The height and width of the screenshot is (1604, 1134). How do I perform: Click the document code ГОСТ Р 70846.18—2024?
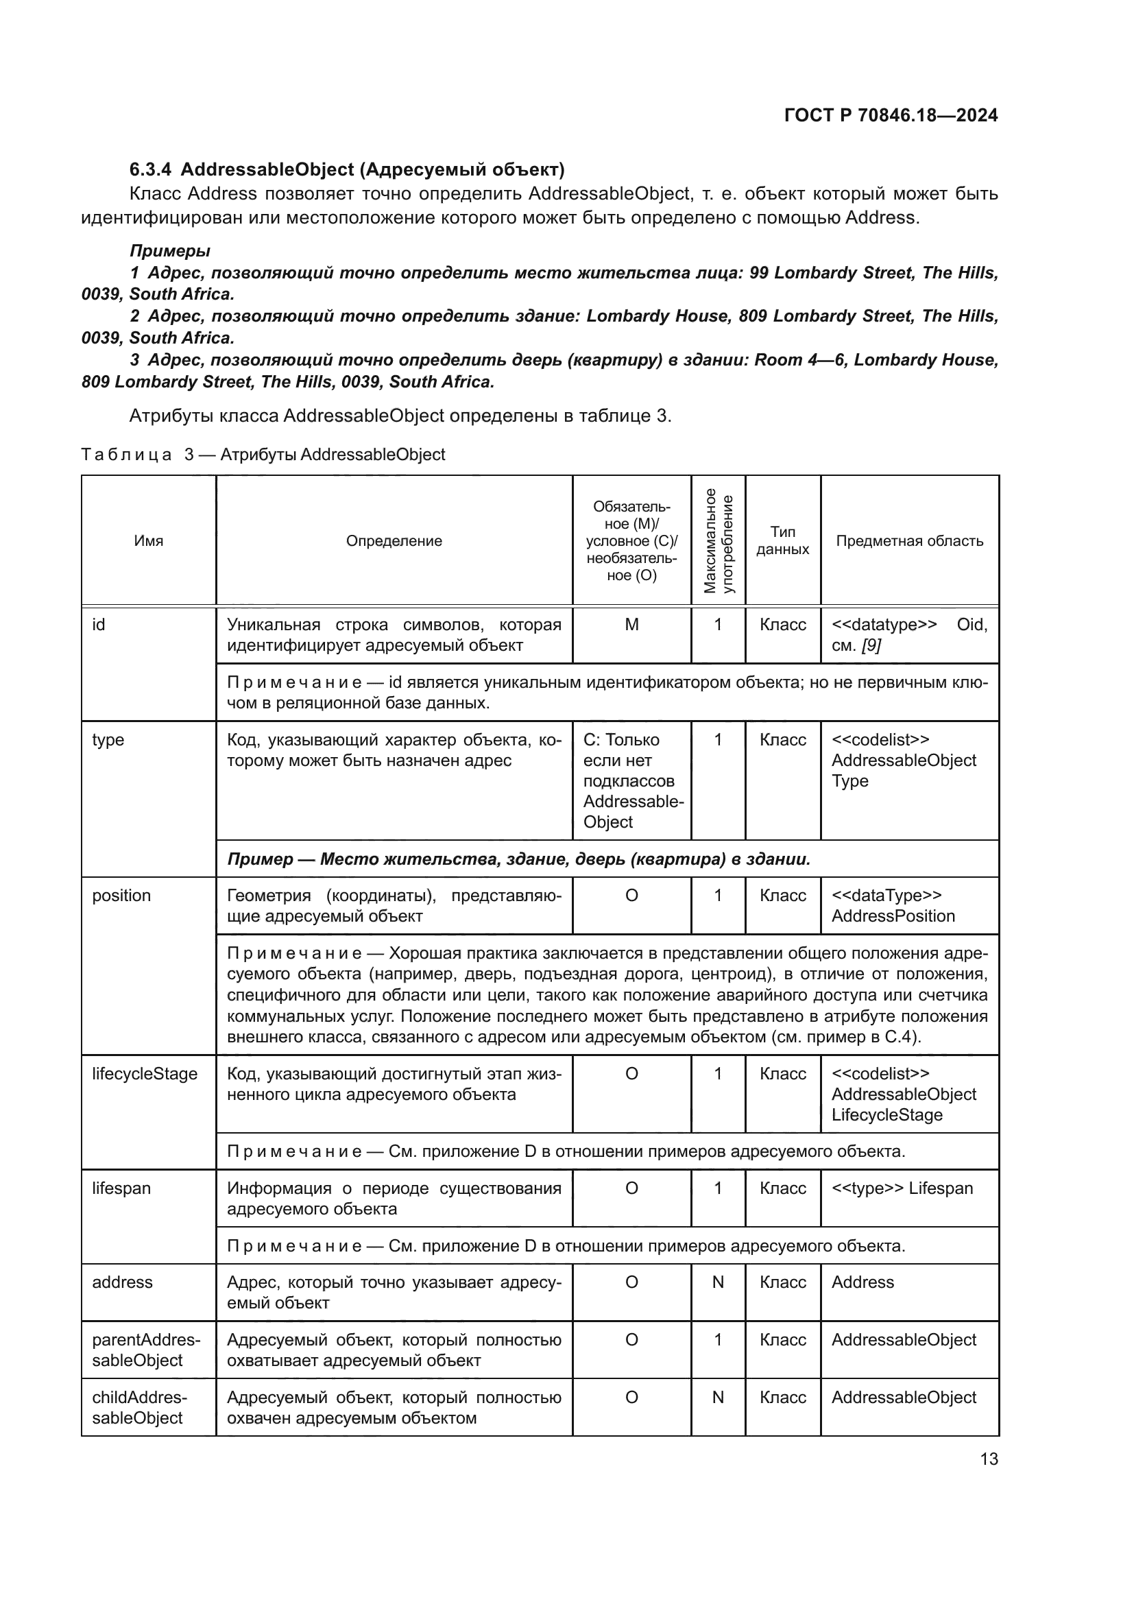coord(891,115)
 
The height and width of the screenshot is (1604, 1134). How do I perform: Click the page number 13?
coord(989,1459)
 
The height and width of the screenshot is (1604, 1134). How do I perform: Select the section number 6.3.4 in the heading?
coord(150,170)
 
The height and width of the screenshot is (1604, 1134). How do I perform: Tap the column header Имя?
coord(148,540)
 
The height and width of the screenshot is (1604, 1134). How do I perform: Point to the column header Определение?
coord(394,540)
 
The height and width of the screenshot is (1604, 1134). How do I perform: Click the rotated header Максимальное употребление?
coord(718,540)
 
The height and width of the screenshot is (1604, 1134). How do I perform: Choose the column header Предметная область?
coord(909,540)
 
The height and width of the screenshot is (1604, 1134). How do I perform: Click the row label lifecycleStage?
coord(145,1074)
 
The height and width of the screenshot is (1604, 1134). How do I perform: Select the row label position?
coord(121,896)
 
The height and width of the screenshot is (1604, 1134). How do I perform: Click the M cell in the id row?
coord(631,625)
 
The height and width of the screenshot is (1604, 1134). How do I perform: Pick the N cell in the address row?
coord(718,1282)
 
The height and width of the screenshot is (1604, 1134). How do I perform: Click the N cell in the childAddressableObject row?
coord(718,1397)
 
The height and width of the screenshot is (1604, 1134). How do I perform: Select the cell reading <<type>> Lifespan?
coord(902,1188)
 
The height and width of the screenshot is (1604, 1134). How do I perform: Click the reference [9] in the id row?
coord(870,645)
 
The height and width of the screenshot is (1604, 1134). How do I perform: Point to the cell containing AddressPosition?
coord(893,916)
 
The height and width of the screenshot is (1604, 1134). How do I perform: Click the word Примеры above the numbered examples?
coord(169,251)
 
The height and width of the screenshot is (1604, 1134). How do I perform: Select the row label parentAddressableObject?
coord(145,1350)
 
